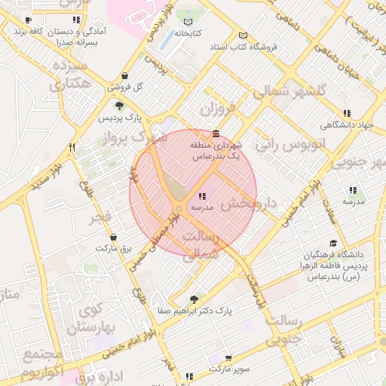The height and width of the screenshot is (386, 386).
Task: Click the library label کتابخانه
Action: (189, 33)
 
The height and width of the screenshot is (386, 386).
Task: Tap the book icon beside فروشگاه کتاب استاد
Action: (241, 35)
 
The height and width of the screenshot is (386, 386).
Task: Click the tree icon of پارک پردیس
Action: (119, 106)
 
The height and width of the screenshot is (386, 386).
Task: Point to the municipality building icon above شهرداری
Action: (216, 133)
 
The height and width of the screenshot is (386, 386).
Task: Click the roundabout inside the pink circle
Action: (179, 209)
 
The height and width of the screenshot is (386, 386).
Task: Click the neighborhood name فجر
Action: (100, 218)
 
